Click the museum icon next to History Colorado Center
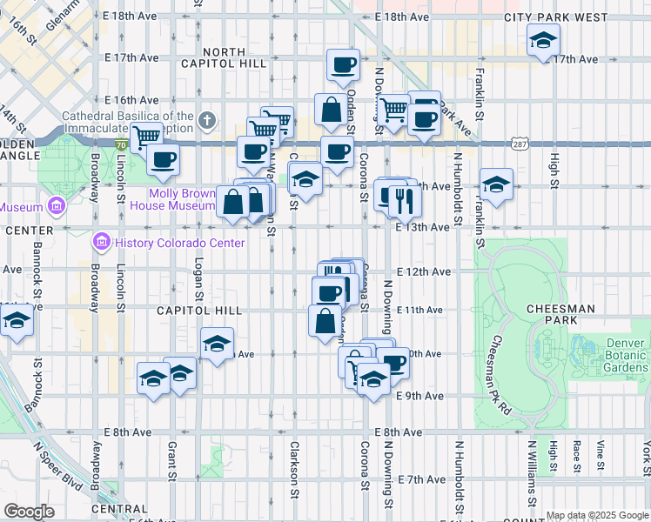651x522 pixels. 101,240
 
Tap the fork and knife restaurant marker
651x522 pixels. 404,202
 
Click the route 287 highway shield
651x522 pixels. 519,144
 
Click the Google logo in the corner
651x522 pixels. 30,512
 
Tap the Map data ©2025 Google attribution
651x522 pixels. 597,515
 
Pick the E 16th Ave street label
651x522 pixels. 131,100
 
